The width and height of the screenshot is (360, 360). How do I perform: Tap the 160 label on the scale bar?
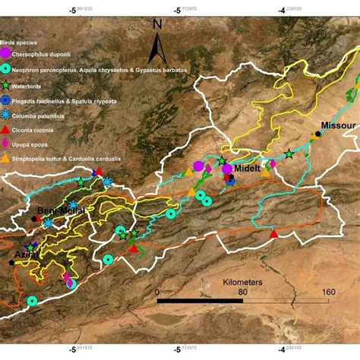pyautogui.click(x=329, y=291)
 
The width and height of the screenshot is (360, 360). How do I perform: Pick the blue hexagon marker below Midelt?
pyautogui.click(x=226, y=169)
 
